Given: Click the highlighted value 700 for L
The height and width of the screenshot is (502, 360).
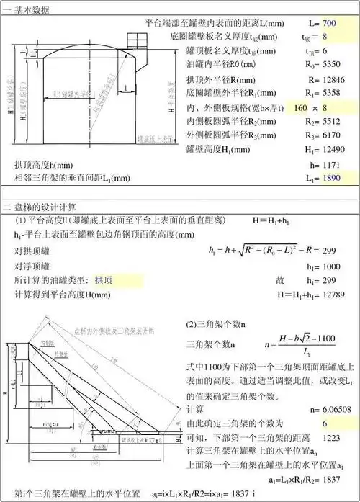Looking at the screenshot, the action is click(x=330, y=23).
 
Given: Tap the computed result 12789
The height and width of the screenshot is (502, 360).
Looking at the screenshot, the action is click(x=337, y=294).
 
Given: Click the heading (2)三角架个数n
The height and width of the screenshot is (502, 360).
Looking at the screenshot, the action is click(x=217, y=323).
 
